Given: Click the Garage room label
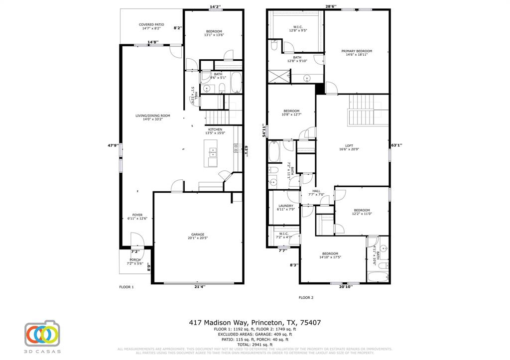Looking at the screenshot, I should tap(198, 236).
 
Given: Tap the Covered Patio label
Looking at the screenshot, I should tap(151, 26).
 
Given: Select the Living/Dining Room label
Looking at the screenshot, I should tap(153, 118).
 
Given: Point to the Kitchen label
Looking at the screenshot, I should tap(215, 131).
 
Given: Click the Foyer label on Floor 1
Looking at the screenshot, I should tap(137, 217).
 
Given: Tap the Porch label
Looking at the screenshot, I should tap(135, 261).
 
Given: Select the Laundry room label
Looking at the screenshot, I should tap(286, 208).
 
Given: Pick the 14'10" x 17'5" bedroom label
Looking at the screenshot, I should tap(330, 255).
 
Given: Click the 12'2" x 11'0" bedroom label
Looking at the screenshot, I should tap(362, 212).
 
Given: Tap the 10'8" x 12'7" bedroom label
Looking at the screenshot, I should tap(291, 113).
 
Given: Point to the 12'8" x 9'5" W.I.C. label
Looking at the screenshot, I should tap(297, 28).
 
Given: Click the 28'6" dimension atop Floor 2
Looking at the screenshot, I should tap(331, 7).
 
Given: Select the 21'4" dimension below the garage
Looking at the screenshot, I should tap(199, 286).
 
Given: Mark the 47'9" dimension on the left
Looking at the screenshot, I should tap(113, 145).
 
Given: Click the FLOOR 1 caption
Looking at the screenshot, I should tap(126, 287).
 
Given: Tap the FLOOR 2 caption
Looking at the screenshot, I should tap(306, 297).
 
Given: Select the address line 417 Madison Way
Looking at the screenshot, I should tap(255, 323).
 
